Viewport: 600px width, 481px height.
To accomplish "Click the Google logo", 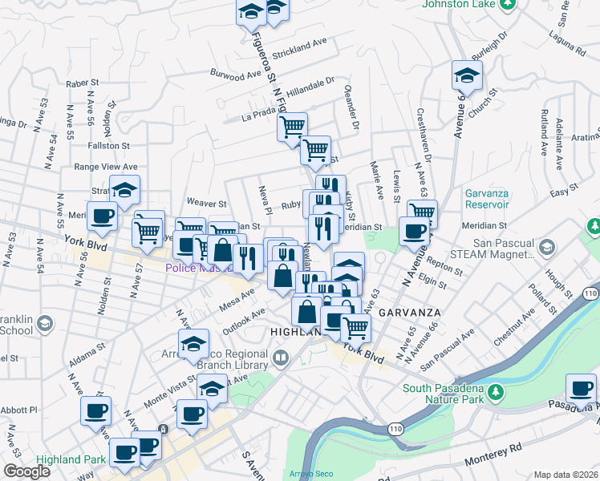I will (x=26, y=471).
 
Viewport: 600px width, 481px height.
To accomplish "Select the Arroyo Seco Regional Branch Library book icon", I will (x=281, y=358).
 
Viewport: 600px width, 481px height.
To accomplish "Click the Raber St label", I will (x=82, y=83).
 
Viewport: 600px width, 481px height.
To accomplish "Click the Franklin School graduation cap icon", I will (x=45, y=322).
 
